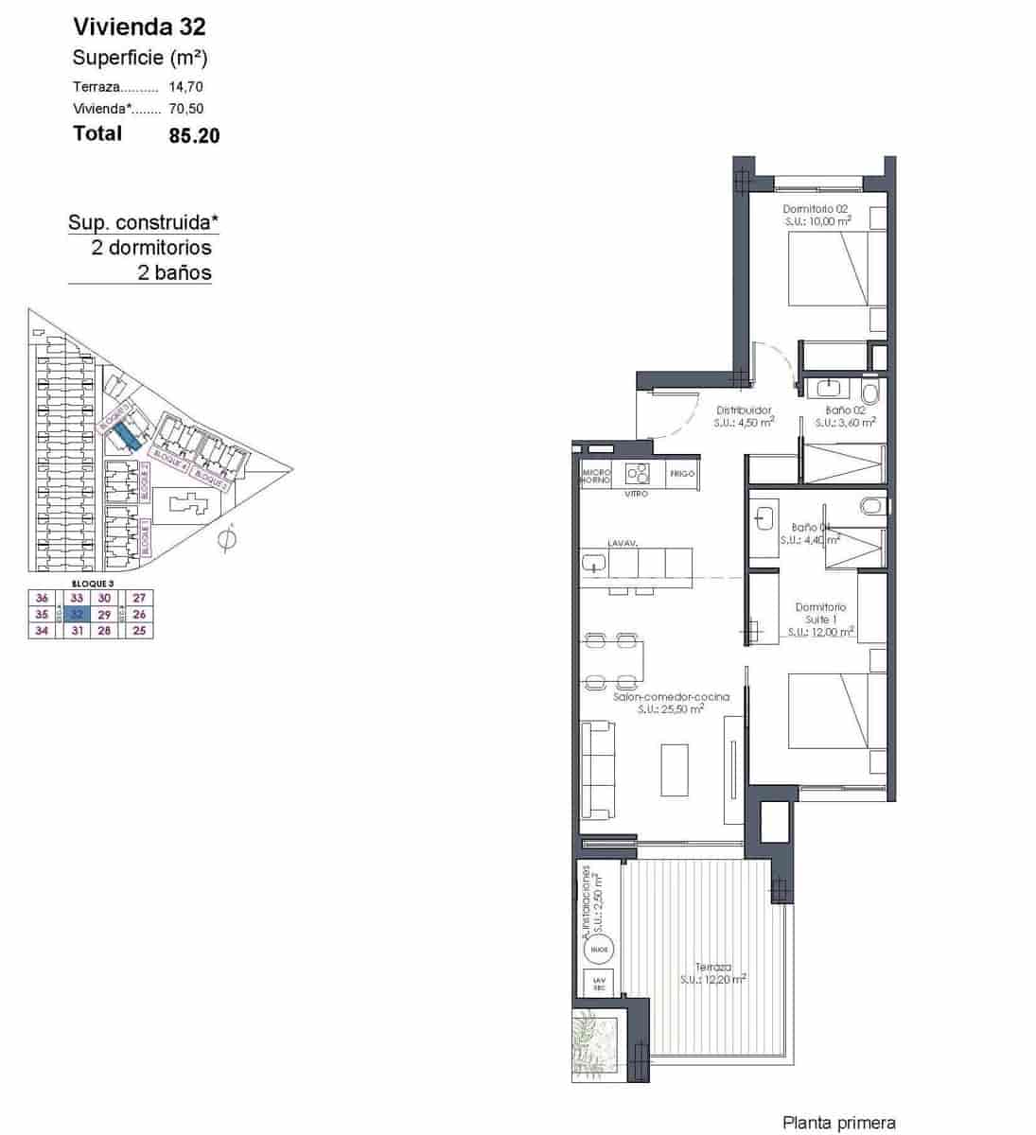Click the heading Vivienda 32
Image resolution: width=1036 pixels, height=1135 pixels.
(x=139, y=26)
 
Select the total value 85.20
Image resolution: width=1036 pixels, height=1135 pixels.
(x=194, y=135)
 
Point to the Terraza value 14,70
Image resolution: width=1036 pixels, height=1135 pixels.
(x=185, y=86)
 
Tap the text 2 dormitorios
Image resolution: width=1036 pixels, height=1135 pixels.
(x=151, y=248)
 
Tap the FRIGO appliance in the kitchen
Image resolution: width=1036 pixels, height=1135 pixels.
(x=682, y=473)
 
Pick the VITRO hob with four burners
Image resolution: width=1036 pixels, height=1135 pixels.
(x=637, y=473)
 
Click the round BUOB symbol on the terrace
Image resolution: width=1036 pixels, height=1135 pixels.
(x=598, y=949)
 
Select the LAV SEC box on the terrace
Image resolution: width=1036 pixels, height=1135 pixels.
(x=598, y=984)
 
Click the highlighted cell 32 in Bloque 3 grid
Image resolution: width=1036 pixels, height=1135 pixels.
(x=78, y=614)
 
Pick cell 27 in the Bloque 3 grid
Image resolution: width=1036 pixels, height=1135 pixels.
(x=140, y=598)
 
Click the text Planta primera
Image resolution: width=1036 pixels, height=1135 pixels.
(x=838, y=1123)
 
